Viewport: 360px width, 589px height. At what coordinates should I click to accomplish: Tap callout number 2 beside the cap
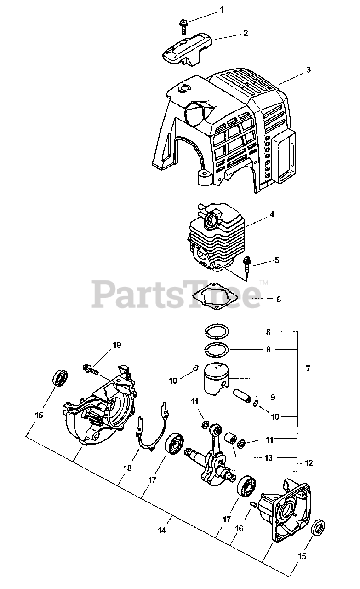click(x=246, y=33)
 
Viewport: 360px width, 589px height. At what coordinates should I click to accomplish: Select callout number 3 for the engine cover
click(x=308, y=70)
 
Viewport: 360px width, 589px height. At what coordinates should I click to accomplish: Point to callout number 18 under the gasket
click(x=127, y=468)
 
